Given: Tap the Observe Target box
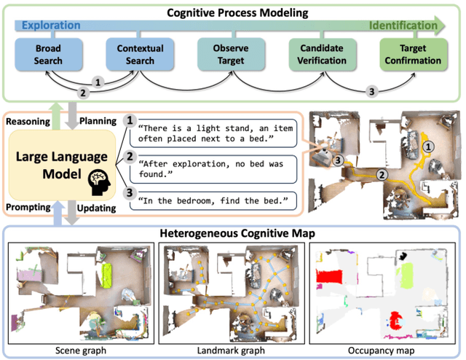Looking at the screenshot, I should pyautogui.click(x=230, y=55).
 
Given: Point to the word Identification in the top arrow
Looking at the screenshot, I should pyautogui.click(x=404, y=26).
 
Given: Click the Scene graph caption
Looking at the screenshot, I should pyautogui.click(x=80, y=351).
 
